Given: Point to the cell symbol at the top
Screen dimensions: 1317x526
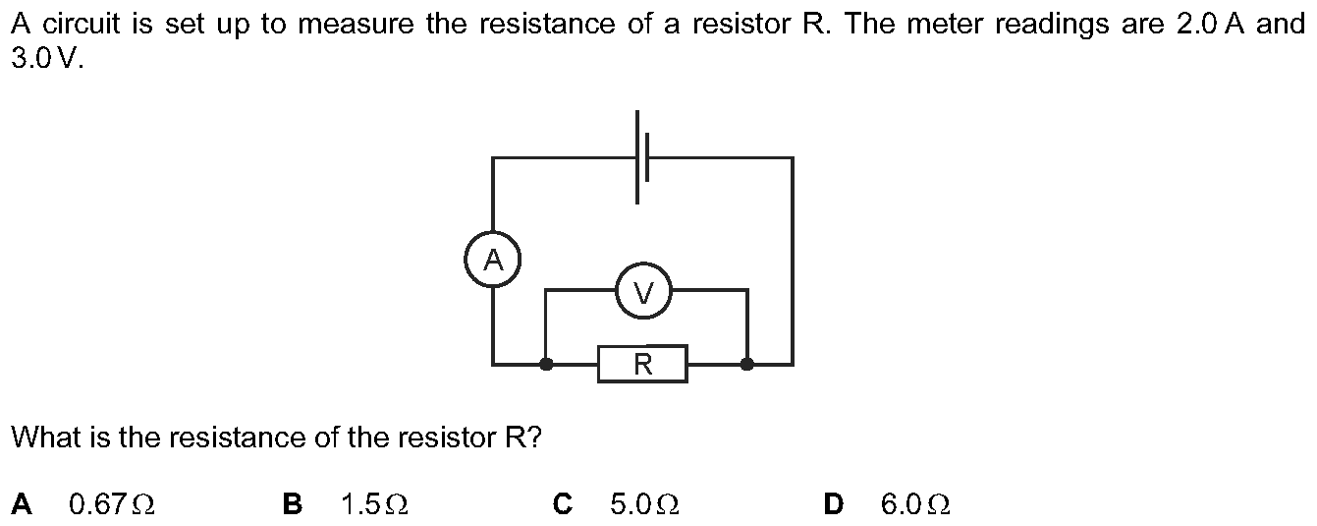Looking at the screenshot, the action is (x=641, y=157).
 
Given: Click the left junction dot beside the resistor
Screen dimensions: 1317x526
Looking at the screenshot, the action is (x=546, y=364).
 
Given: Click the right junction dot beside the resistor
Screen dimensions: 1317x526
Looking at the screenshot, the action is (x=746, y=364).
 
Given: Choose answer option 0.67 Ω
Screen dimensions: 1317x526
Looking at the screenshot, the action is (x=112, y=504).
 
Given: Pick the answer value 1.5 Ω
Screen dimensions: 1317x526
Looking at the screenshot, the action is (x=374, y=504).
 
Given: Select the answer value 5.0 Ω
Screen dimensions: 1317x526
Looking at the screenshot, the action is (x=644, y=504).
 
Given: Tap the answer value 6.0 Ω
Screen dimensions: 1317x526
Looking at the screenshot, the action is (x=915, y=504).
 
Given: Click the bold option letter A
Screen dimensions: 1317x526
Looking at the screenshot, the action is (x=22, y=504).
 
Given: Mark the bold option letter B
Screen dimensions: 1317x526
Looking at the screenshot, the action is (x=293, y=504).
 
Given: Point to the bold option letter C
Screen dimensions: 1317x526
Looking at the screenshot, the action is (x=563, y=504).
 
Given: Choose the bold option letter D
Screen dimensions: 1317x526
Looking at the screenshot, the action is (x=833, y=504).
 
